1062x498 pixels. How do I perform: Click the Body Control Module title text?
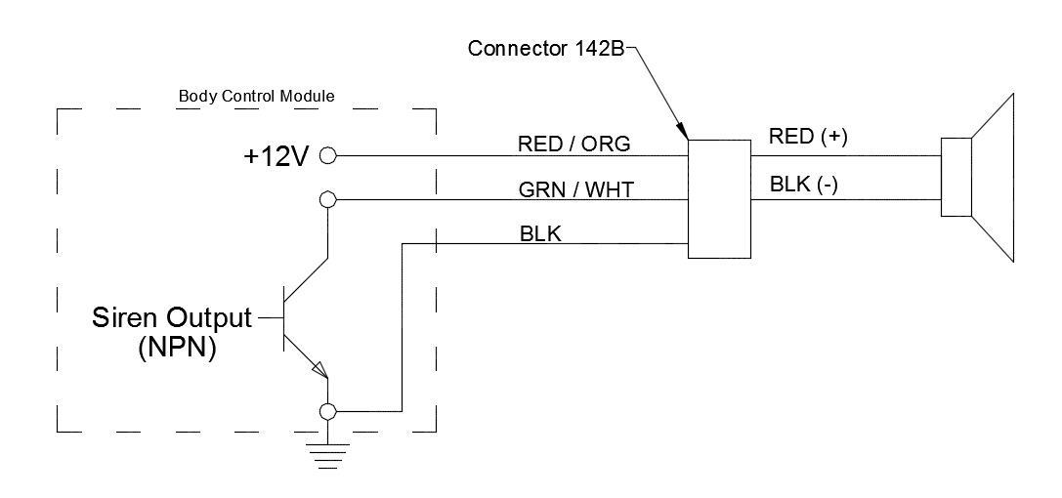click(x=256, y=97)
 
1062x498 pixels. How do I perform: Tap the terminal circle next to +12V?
click(x=328, y=155)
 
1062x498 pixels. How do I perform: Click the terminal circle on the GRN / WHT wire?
click(x=328, y=199)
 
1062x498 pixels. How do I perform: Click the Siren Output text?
click(x=171, y=317)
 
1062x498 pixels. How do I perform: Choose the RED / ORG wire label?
click(x=573, y=145)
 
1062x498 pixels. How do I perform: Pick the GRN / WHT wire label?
click(x=574, y=189)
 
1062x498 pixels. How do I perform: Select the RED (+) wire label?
click(x=807, y=137)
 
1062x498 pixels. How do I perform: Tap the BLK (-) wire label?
click(x=804, y=185)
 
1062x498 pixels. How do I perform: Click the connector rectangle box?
click(x=720, y=199)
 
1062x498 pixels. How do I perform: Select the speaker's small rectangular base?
click(x=956, y=178)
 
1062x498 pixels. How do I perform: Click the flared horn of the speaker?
click(x=995, y=178)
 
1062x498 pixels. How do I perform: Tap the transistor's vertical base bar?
click(x=284, y=318)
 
